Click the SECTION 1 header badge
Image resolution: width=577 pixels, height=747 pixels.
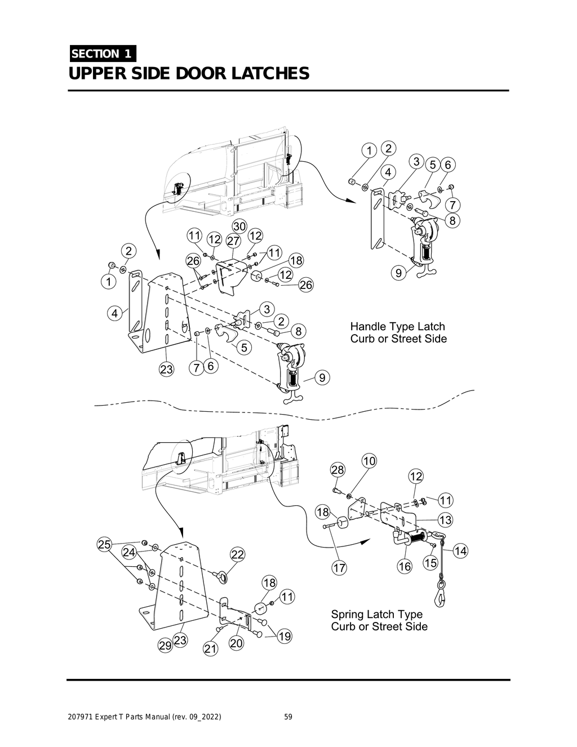[x=102, y=54]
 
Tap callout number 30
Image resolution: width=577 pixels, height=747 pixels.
[x=239, y=226]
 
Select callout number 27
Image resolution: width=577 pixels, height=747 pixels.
[x=233, y=241]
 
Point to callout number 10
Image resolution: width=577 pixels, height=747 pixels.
[x=369, y=461]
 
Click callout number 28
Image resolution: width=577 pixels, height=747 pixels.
[x=338, y=470]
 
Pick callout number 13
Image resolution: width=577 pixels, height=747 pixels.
[x=445, y=519]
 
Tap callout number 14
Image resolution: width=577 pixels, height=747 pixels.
[x=460, y=551]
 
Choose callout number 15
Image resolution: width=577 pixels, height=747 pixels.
[x=430, y=563]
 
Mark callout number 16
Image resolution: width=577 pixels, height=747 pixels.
[x=405, y=566]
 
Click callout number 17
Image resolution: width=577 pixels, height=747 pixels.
[x=339, y=568]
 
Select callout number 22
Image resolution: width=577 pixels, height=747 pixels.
[x=238, y=554]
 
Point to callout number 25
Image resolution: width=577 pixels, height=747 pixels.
[x=104, y=544]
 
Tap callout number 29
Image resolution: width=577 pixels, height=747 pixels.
[x=165, y=646]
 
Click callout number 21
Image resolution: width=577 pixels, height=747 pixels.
[x=210, y=649]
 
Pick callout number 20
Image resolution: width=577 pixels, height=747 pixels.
[x=236, y=643]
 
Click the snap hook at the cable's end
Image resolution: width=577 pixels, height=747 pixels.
[x=440, y=593]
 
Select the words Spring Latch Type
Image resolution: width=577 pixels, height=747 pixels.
[x=376, y=614]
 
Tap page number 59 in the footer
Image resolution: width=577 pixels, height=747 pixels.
[x=288, y=717]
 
